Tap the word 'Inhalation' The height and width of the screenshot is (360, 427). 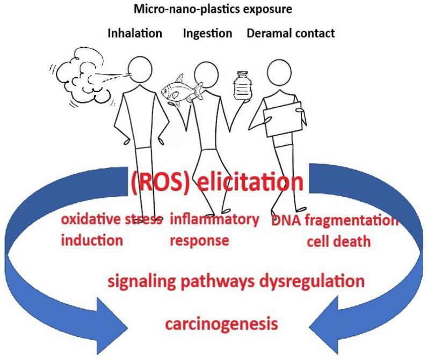tap(135, 33)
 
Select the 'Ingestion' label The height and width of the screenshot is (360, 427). tap(207, 33)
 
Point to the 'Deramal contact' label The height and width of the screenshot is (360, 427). tap(291, 33)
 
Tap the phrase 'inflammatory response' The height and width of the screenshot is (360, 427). tap(214, 230)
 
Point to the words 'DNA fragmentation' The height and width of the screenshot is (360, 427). tap(335, 221)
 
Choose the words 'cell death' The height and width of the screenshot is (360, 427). tap(338, 241)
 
